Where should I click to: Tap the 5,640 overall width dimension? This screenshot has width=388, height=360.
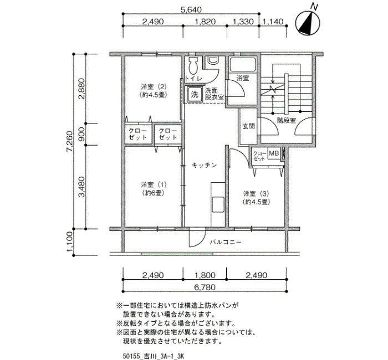tap(191, 9)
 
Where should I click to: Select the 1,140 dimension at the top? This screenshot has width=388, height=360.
tap(273, 22)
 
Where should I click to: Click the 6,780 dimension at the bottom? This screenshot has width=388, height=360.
tap(205, 287)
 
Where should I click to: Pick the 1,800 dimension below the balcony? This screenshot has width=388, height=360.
tap(205, 275)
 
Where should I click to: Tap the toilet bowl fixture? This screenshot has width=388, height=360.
tap(192, 66)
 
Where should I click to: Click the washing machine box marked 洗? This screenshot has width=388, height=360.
tap(194, 94)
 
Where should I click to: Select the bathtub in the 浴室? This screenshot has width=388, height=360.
tap(243, 64)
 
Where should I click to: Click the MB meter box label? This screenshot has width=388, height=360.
tap(274, 153)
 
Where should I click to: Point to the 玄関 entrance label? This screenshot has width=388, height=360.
tap(248, 126)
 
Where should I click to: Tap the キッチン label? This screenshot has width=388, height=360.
tap(204, 165)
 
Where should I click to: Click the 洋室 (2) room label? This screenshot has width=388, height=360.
tap(154, 90)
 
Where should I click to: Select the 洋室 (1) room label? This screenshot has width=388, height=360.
tap(154, 188)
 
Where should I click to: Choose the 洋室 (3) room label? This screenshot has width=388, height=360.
tap(256, 197)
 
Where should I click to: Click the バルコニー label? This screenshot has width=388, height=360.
tap(226, 242)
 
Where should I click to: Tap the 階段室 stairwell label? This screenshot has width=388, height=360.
tap(287, 120)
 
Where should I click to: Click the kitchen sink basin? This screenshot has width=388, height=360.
tap(218, 204)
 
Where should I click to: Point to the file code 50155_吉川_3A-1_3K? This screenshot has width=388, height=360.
tap(154, 356)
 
